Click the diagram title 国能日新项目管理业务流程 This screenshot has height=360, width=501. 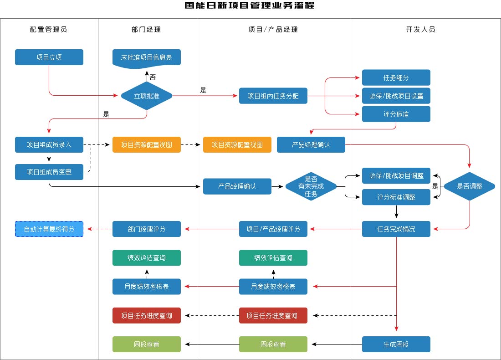(x=250, y=6)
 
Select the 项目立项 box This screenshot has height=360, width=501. (x=49, y=57)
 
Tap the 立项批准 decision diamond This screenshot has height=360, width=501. (x=147, y=96)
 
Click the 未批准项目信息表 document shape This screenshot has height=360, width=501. (x=147, y=58)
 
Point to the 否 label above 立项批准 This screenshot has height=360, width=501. (x=153, y=77)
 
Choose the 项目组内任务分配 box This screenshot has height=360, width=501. (x=273, y=96)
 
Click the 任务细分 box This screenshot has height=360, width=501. (x=396, y=77)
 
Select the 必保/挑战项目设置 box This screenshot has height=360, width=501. (x=396, y=96)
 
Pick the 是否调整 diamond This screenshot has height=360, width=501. (x=470, y=186)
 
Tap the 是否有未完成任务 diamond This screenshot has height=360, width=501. (x=311, y=186)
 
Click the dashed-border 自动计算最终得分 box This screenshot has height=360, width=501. (x=49, y=229)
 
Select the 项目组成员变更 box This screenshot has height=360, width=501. (x=49, y=172)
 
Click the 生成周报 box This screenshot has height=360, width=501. (x=396, y=345)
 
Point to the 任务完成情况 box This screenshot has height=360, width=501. (x=396, y=229)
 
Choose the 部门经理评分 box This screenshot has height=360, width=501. (x=147, y=229)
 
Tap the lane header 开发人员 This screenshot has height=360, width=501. (x=420, y=30)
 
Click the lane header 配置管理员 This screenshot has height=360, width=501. (x=49, y=30)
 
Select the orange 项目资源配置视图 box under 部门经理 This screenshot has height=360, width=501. (x=147, y=145)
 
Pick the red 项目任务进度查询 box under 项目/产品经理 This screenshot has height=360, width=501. (x=273, y=315)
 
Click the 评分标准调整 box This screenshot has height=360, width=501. (x=396, y=197)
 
